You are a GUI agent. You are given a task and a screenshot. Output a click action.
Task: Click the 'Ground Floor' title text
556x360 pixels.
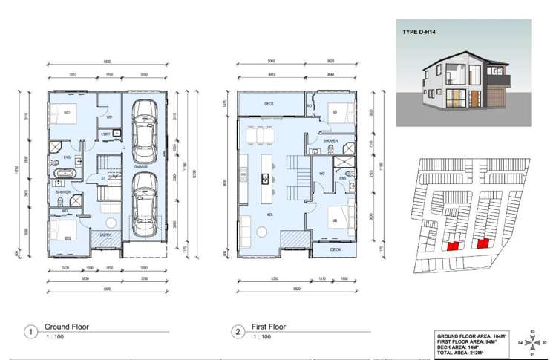67,327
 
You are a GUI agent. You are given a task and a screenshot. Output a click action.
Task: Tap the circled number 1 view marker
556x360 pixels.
30,333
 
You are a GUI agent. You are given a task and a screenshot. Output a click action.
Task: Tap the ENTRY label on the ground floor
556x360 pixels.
104,235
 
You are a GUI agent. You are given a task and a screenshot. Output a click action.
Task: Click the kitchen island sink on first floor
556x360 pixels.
264,178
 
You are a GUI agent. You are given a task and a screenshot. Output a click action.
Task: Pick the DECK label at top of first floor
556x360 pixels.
269,105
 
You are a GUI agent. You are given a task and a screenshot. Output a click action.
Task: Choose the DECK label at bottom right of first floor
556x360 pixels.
335,249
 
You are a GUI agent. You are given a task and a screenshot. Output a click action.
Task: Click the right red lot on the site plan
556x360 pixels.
482,243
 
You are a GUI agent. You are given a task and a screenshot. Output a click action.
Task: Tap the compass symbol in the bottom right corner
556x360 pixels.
532,343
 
